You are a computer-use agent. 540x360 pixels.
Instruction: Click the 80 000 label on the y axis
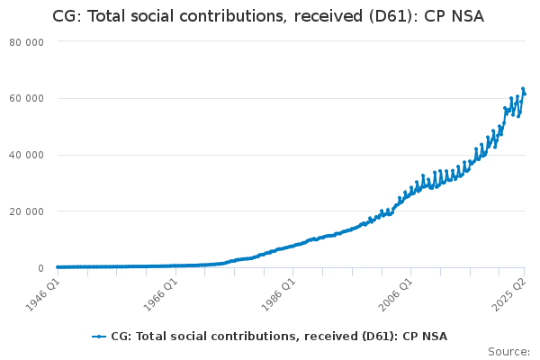click(x=26, y=42)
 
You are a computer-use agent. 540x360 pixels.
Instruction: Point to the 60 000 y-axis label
click(x=26, y=98)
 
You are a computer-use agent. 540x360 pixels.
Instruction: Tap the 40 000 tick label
click(x=26, y=155)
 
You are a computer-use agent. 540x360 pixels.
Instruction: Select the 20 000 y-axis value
click(x=26, y=211)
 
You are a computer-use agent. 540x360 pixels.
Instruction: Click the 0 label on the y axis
click(x=41, y=268)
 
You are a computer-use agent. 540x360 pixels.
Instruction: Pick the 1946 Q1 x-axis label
click(x=43, y=294)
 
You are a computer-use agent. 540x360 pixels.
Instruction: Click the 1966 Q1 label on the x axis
click(x=161, y=294)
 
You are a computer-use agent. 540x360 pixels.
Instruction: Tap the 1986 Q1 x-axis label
click(x=279, y=294)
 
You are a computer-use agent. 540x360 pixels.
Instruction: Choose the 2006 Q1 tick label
click(x=396, y=294)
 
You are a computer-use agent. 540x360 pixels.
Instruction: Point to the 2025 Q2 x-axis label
click(x=509, y=294)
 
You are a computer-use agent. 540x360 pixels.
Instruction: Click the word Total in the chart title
click(x=105, y=16)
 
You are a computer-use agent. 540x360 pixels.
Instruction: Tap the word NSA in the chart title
click(x=468, y=16)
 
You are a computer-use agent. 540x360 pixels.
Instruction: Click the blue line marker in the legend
click(x=99, y=337)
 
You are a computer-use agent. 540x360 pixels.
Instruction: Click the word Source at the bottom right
click(x=507, y=352)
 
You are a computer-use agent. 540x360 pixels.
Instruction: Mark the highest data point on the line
click(x=523, y=88)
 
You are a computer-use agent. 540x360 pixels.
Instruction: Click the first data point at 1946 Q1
click(x=58, y=267)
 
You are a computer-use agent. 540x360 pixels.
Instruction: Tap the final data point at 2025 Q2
click(x=525, y=94)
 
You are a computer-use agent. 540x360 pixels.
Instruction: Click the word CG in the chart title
click(x=65, y=16)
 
